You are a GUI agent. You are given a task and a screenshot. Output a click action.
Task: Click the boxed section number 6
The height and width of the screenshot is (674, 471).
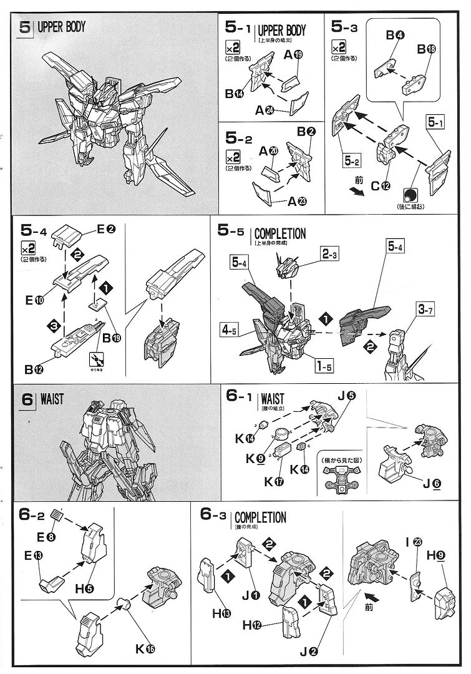point(27,399)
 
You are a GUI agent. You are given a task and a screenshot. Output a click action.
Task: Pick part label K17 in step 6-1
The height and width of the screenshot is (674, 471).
point(271,481)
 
